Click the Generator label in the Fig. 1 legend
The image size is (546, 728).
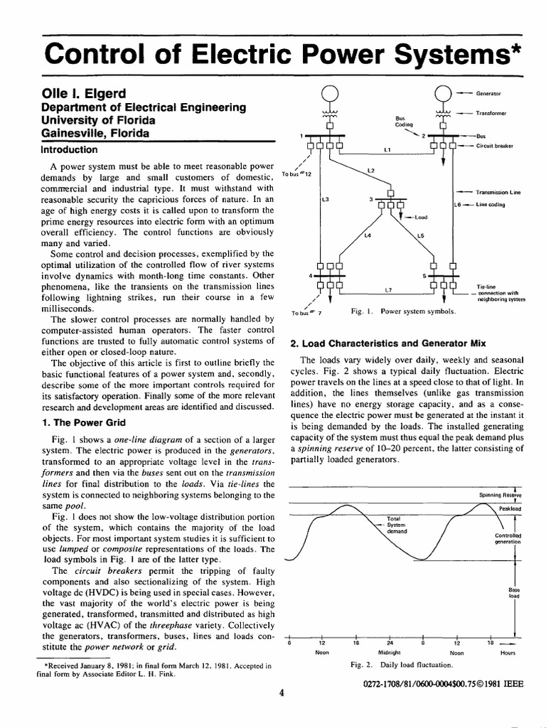pyautogui.click(x=488, y=93)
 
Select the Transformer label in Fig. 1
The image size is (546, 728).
pyautogui.click(x=491, y=112)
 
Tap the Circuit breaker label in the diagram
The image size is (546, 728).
pyautogui.click(x=497, y=146)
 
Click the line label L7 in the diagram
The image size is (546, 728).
pyautogui.click(x=388, y=290)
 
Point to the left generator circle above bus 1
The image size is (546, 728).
pyautogui.click(x=329, y=93)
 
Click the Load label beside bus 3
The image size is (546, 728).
pyautogui.click(x=420, y=218)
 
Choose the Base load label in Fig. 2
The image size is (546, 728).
pyautogui.click(x=514, y=593)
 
